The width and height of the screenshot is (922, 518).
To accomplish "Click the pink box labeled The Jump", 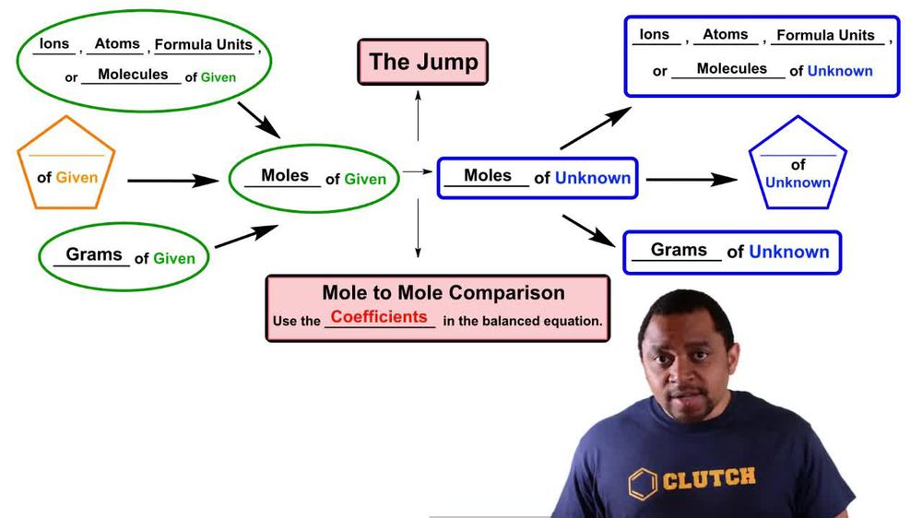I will pyautogui.click(x=423, y=62).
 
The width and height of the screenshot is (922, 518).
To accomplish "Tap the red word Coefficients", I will pyautogui.click(x=379, y=317).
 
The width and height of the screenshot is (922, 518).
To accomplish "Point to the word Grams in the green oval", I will pyautogui.click(x=94, y=253).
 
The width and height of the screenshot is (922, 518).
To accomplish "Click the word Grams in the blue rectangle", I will pyautogui.click(x=679, y=250).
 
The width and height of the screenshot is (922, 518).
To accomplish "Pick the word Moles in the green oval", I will pyautogui.click(x=285, y=175).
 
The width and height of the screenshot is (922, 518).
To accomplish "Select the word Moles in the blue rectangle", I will pyautogui.click(x=488, y=175).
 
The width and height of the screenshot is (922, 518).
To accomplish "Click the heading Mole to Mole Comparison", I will pyautogui.click(x=443, y=293).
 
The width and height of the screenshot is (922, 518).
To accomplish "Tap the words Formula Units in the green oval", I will pyautogui.click(x=203, y=44).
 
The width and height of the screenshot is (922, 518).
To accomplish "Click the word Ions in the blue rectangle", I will pyautogui.click(x=654, y=34).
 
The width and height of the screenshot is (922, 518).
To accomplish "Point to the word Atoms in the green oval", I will pyautogui.click(x=117, y=43).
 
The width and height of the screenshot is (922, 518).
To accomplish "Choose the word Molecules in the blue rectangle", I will pyautogui.click(x=731, y=68).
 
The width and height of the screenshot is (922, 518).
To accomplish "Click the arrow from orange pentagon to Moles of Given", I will pyautogui.click(x=173, y=181).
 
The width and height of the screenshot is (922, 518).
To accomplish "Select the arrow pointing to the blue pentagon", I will pyautogui.click(x=691, y=179).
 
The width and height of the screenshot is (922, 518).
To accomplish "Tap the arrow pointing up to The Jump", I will pyautogui.click(x=418, y=114).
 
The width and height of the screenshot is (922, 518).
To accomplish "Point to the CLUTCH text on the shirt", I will pyautogui.click(x=708, y=477).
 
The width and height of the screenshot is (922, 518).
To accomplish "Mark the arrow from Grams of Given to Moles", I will pyautogui.click(x=246, y=236).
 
